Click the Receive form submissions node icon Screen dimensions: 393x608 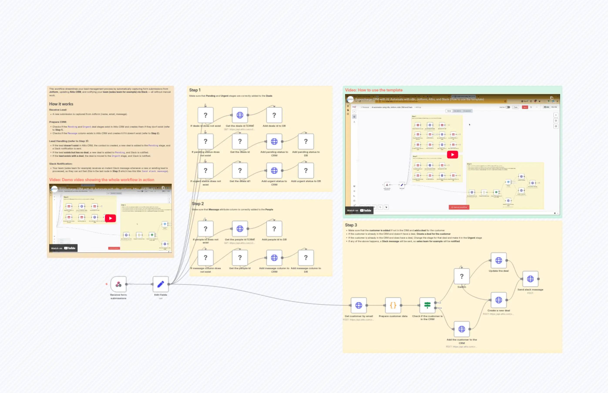coord(118,284)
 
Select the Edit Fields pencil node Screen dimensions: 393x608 coord(160,284)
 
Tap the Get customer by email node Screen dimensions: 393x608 coord(359,305)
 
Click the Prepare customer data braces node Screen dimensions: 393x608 coord(393,305)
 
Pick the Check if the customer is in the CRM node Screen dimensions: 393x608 coord(427,305)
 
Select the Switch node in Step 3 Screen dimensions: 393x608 coord(462,276)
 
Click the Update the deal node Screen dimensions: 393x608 coord(499,260)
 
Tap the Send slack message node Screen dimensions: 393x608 coord(530,279)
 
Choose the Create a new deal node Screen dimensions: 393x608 coord(499,300)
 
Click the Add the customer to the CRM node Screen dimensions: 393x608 coord(462,329)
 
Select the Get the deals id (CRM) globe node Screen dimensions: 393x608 coord(240,115)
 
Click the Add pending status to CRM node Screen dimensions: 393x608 coord(274,141)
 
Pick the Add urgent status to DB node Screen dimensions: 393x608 coord(306,170)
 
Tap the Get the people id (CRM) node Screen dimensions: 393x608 coord(240,229)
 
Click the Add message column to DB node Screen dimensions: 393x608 coord(306,258)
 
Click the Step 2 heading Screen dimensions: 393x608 coord(198,204)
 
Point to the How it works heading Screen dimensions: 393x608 coord(61,104)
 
